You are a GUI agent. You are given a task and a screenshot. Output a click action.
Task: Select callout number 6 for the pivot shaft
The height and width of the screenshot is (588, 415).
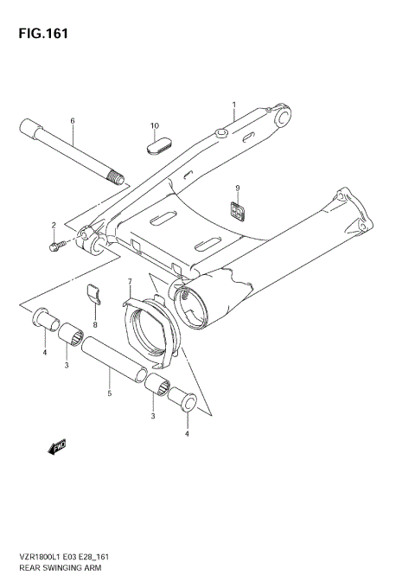[x=73, y=120]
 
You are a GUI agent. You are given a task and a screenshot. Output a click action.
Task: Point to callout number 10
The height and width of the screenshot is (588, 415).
[x=155, y=126]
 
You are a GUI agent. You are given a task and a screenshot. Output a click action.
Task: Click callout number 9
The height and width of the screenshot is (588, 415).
[x=234, y=189]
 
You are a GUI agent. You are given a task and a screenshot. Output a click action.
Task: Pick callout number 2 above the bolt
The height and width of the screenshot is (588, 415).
[x=54, y=226]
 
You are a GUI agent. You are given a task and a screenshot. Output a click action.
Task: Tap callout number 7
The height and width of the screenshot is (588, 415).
[x=130, y=282]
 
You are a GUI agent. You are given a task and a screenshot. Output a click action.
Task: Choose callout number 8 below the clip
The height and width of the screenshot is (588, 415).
[x=95, y=324]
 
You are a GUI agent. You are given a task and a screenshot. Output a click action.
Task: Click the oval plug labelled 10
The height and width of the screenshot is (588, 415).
[x=156, y=147]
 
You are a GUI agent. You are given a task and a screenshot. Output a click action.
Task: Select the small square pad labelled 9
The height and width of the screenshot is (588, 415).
[x=235, y=208]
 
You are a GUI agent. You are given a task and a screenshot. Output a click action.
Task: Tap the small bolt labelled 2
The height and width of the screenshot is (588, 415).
[x=56, y=247]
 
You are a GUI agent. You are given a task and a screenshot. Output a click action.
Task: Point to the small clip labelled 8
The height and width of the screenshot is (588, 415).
[x=96, y=296]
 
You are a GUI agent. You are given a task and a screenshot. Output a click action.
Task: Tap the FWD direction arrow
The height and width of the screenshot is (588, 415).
[x=58, y=446]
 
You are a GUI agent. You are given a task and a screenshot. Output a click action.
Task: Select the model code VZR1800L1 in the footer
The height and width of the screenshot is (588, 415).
[x=35, y=557]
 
